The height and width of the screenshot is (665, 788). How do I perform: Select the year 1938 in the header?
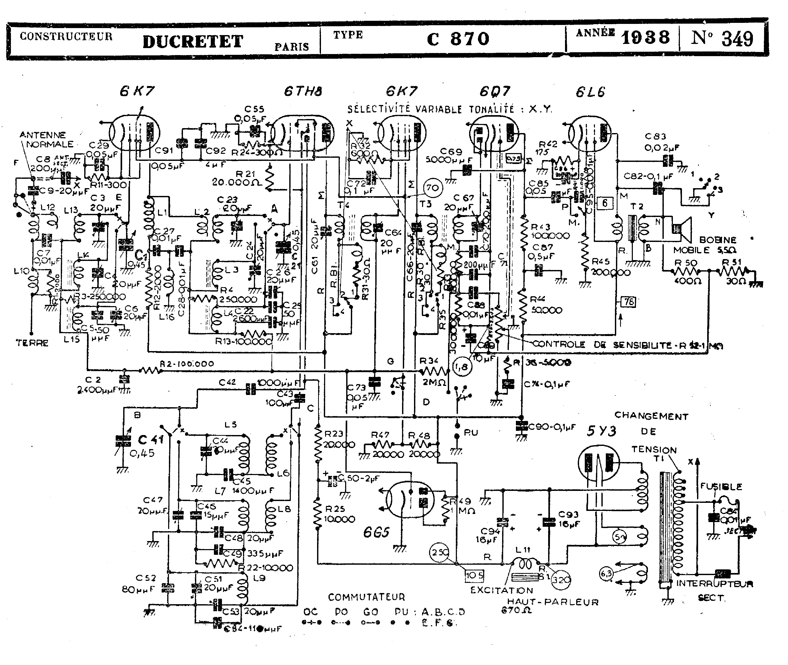coord(646,38)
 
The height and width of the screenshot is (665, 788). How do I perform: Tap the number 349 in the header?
coord(737,39)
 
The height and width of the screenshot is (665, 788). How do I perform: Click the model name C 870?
coord(458,39)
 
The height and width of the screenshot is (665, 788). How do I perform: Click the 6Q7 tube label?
coord(495,91)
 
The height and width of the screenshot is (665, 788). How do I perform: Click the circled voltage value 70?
coord(433,187)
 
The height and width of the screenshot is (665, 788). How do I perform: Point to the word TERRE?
coord(32,343)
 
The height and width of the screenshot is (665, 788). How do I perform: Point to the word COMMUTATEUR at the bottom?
coord(366,597)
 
